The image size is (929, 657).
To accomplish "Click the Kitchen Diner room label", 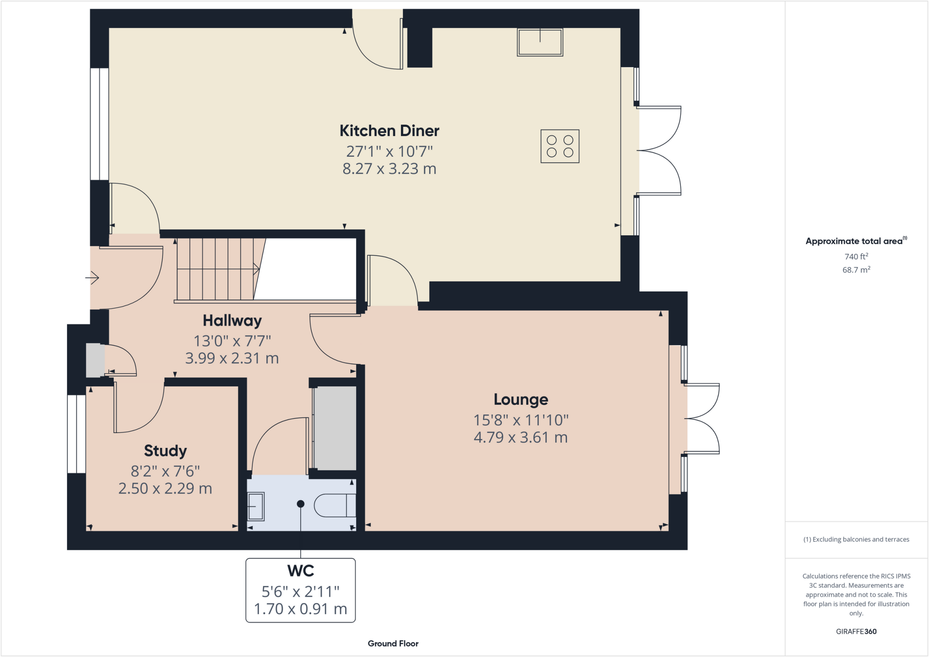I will (389, 131).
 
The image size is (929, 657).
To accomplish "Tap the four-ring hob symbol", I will (560, 146).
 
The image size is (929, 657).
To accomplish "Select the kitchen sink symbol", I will (540, 42).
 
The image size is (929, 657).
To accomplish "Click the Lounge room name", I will (521, 399).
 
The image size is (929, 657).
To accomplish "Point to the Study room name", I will (165, 451).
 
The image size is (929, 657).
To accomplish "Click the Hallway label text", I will (232, 321).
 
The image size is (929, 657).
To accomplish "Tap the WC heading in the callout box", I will (300, 571).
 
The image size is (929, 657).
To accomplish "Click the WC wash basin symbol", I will (256, 506).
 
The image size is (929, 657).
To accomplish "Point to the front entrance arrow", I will (92, 277).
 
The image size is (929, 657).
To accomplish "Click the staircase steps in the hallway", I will (215, 269).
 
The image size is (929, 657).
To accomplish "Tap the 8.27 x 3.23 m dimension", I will (389, 169).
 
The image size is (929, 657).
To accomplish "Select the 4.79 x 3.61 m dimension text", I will (521, 438).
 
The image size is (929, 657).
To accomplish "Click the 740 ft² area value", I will (856, 257).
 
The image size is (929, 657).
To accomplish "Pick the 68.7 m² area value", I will (856, 270).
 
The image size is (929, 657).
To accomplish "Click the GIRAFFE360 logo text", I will (856, 631).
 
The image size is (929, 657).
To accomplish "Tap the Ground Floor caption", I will (393, 643).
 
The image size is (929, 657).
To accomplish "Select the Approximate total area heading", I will (854, 241).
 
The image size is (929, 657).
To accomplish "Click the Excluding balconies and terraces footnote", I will (856, 540).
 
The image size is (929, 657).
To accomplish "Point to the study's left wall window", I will (77, 434).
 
